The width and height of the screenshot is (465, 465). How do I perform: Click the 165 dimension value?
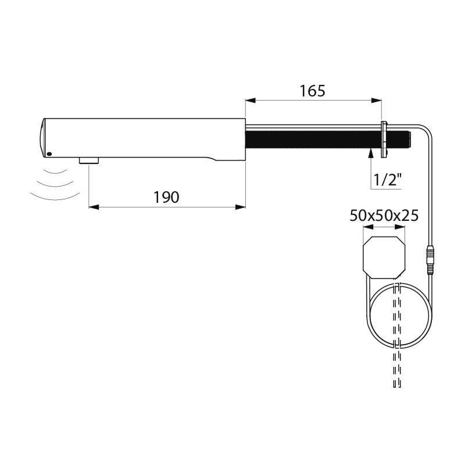313,91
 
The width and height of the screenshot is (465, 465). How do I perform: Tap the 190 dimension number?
166,197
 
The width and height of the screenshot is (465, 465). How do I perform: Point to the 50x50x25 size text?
384,216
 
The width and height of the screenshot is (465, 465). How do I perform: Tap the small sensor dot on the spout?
49,154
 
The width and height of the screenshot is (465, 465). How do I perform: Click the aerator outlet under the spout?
88,160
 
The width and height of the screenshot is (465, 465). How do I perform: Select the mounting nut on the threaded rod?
384,140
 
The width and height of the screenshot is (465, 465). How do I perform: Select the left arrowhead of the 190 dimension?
92,206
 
